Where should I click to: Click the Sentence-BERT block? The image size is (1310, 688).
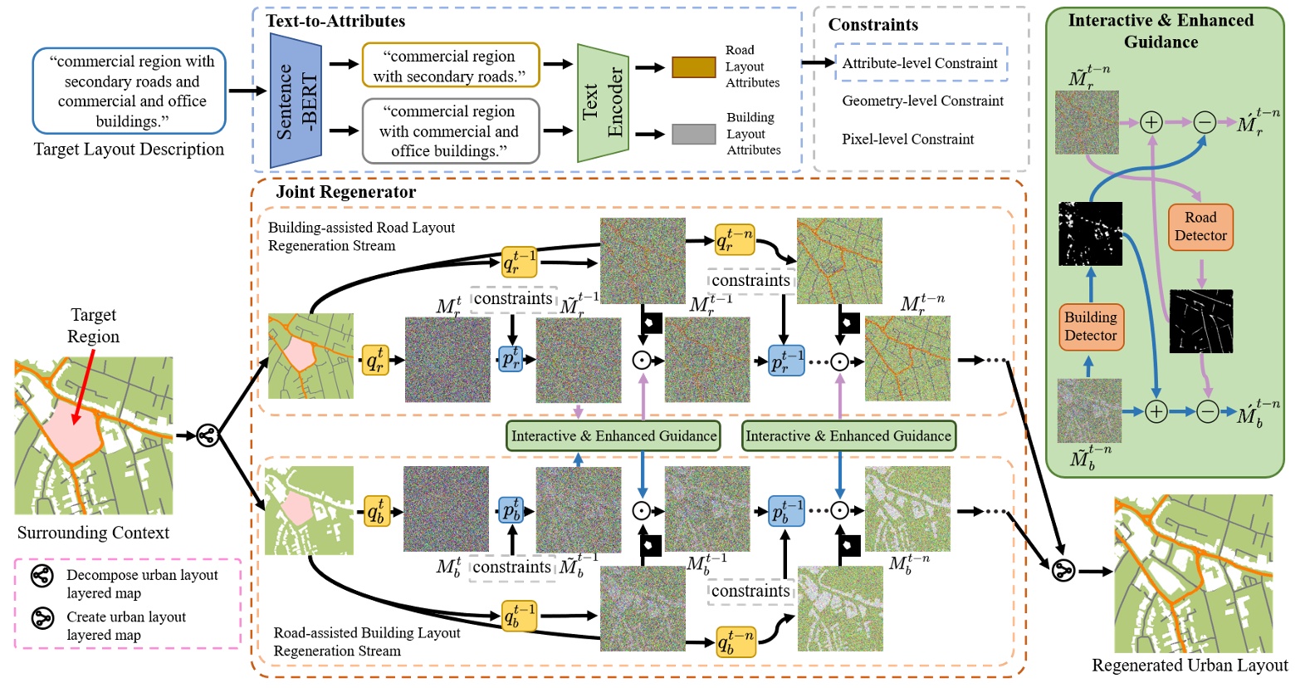coord(296,101)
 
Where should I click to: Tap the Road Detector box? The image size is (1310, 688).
coord(1200,227)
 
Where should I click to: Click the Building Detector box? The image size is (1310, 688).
coord(1090,327)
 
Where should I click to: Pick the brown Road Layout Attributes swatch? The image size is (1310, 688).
coord(693,67)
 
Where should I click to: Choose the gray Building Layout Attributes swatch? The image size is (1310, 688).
coord(693,134)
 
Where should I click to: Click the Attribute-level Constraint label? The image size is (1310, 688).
coord(920,63)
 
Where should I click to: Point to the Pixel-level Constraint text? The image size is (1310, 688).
coord(907,140)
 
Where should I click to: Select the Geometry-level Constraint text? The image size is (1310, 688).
coord(922,101)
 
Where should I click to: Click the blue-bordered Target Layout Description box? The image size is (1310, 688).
coord(130,91)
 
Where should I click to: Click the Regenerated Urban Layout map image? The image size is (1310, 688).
coord(1192,573)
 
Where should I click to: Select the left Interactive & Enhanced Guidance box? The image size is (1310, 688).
coord(613,435)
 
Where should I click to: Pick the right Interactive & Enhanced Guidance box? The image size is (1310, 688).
coord(848,435)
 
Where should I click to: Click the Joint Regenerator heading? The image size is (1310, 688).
coord(346,192)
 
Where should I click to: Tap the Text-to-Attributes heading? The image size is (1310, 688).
coord(335,22)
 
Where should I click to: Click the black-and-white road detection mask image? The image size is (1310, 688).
coord(1200,322)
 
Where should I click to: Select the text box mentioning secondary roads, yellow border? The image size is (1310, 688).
coord(450,66)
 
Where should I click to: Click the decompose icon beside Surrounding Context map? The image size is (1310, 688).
coord(208,435)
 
